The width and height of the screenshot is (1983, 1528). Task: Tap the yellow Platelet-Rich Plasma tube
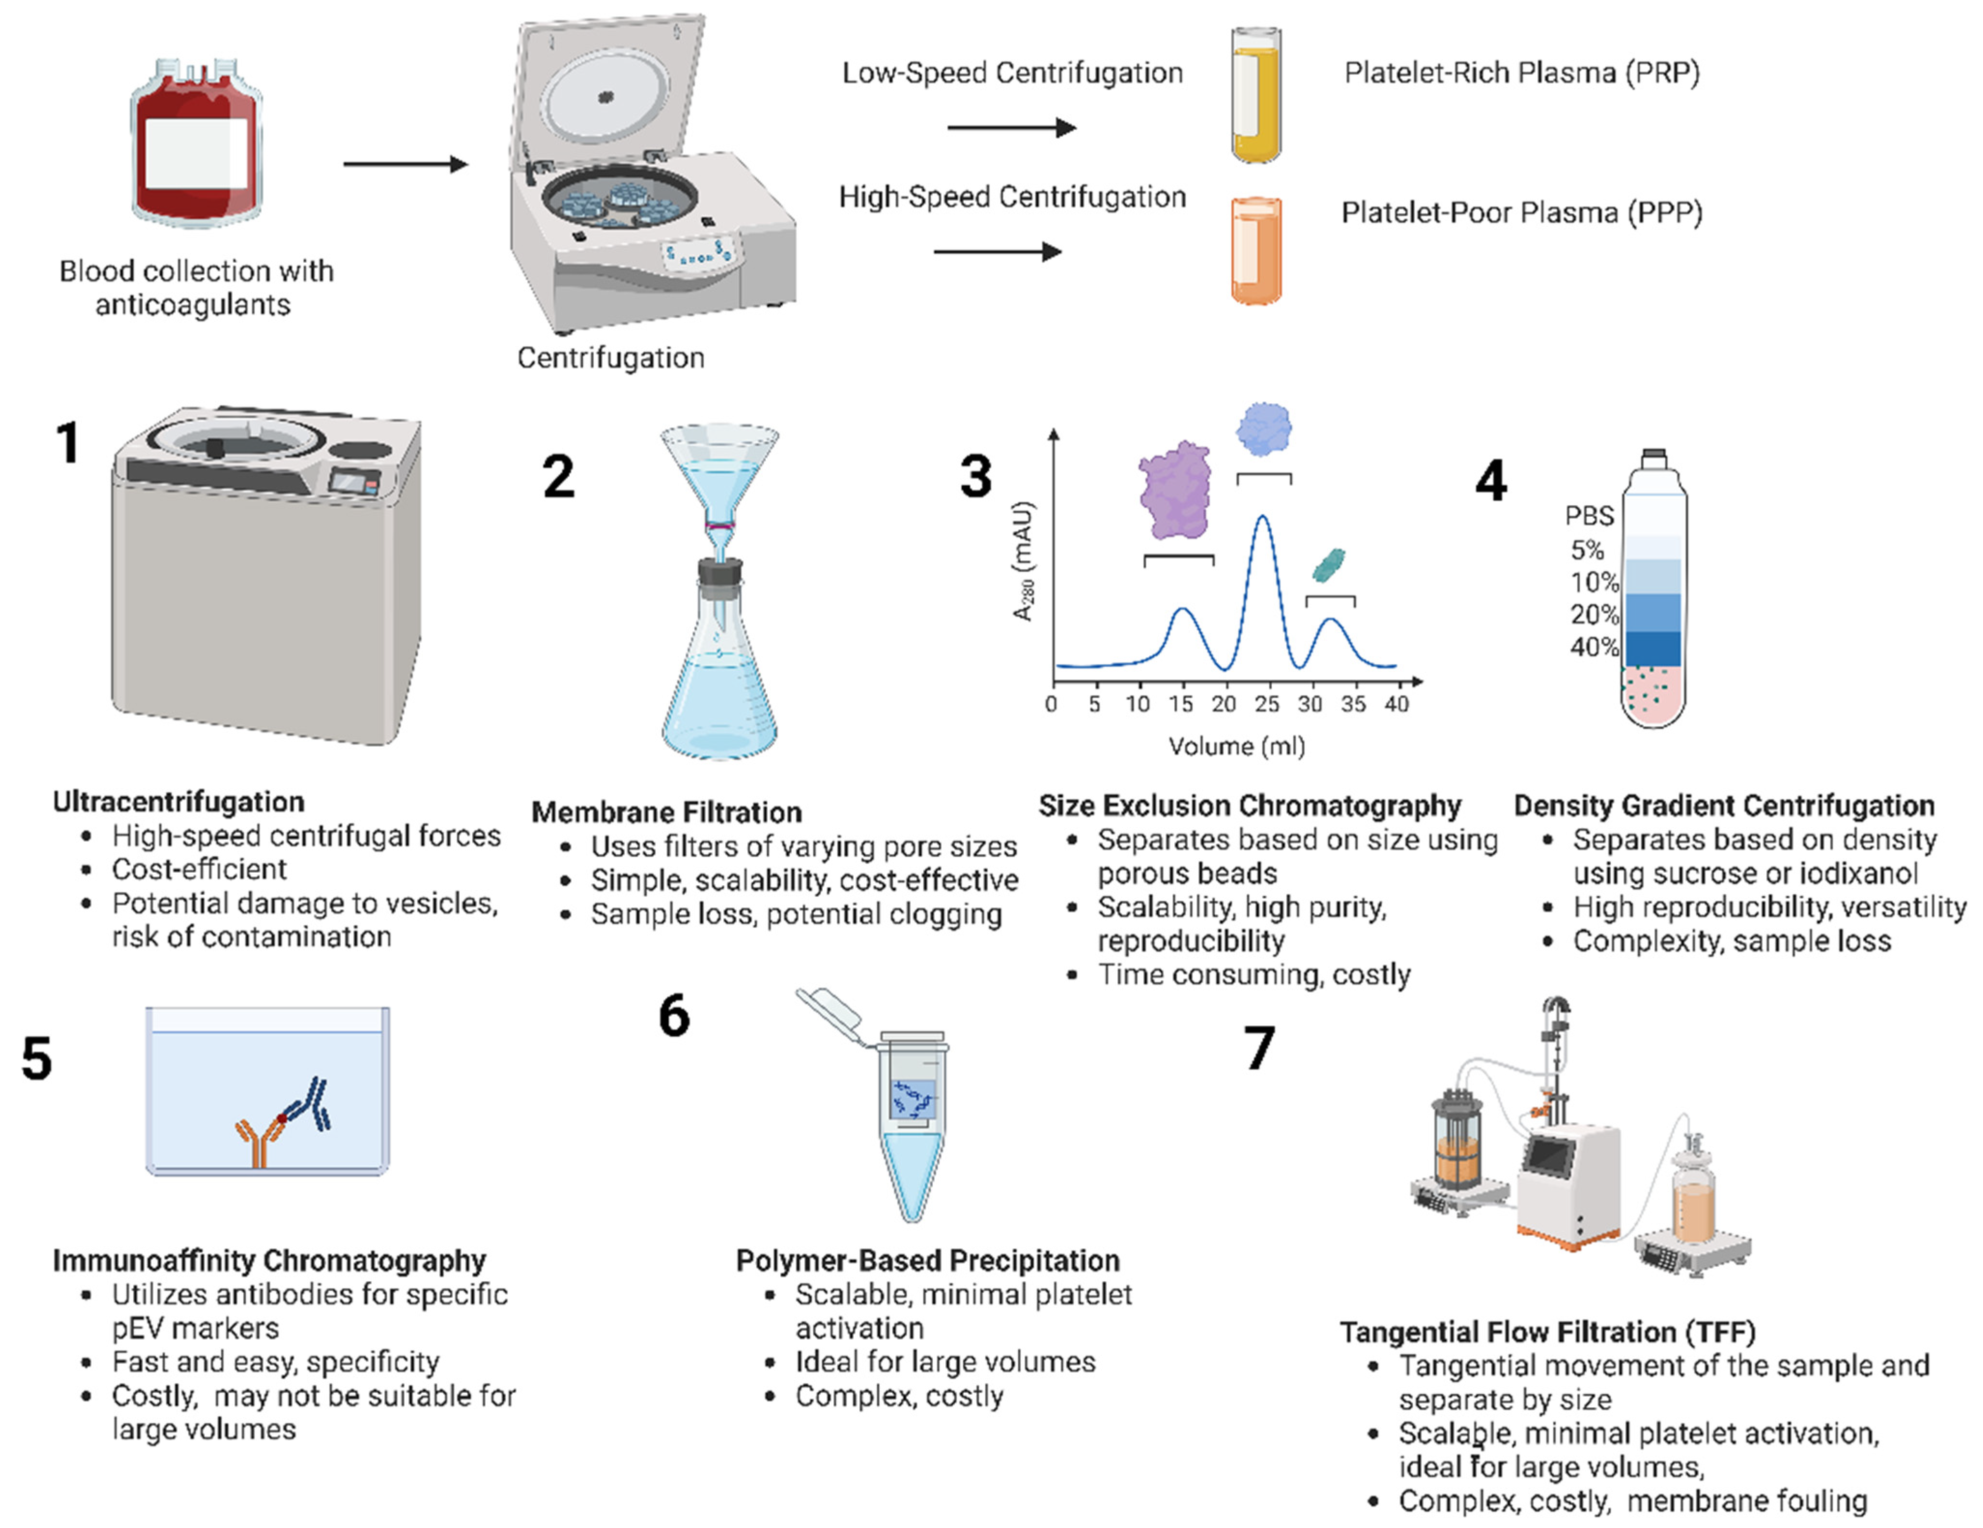(x=1256, y=95)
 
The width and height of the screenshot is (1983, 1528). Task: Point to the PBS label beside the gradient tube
(x=1589, y=516)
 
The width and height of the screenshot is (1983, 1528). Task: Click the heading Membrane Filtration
(x=666, y=812)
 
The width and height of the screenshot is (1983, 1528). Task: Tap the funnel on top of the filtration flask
(x=719, y=472)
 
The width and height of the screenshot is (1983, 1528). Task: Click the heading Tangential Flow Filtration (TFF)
(x=1547, y=1332)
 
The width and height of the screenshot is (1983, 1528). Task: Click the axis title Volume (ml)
(x=1237, y=746)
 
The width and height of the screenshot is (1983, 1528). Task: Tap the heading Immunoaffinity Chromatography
(x=269, y=1260)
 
